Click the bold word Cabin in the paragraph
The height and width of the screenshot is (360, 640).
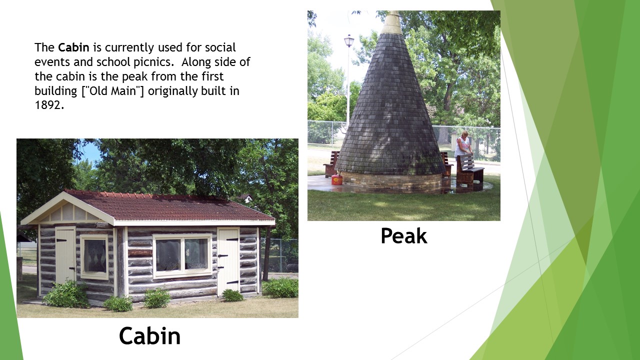point(73,47)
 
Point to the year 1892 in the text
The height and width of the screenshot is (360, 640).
point(49,106)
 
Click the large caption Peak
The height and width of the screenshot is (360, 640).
point(403,236)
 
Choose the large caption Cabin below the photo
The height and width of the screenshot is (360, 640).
point(149,336)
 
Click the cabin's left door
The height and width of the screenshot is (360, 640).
point(65,255)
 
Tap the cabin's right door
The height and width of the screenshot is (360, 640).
point(228,261)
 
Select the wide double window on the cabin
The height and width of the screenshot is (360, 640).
point(182,255)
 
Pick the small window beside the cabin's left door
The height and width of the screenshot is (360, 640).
point(94,256)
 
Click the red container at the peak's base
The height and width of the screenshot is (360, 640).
point(337,179)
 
